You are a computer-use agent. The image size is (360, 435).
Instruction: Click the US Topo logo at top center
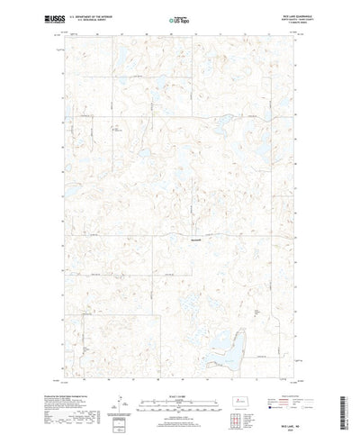(179, 18)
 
